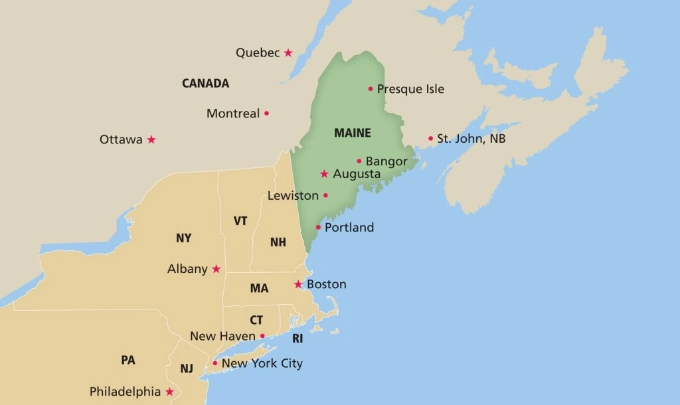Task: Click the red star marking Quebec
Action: pyautogui.click(x=288, y=52)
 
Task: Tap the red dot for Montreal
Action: pyautogui.click(x=266, y=114)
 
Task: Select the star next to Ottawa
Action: pyautogui.click(x=151, y=139)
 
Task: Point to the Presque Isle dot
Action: pyautogui.click(x=371, y=89)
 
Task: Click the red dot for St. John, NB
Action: pyautogui.click(x=430, y=139)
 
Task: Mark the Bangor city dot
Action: pyautogui.click(x=359, y=161)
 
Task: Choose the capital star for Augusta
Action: pyautogui.click(x=324, y=174)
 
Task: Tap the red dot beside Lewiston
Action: pyautogui.click(x=325, y=195)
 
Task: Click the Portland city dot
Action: pyautogui.click(x=318, y=227)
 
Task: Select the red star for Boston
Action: pyautogui.click(x=298, y=285)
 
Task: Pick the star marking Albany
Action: pyautogui.click(x=216, y=269)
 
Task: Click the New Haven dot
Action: pyautogui.click(x=262, y=336)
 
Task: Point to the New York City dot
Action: pyautogui.click(x=214, y=363)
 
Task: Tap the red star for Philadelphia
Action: pyautogui.click(x=169, y=392)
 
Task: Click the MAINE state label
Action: pyautogui.click(x=353, y=133)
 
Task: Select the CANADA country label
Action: pyautogui.click(x=205, y=84)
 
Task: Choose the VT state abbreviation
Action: pyautogui.click(x=240, y=221)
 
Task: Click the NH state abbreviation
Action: pyautogui.click(x=278, y=242)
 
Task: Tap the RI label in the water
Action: pyautogui.click(x=297, y=339)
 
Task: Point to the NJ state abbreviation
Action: pyautogui.click(x=187, y=368)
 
